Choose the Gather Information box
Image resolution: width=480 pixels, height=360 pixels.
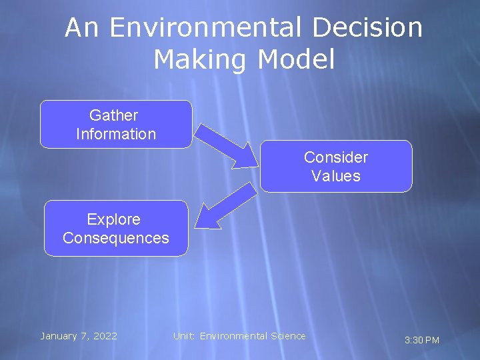tap(116, 124)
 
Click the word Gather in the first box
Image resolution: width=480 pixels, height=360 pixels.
tap(114, 115)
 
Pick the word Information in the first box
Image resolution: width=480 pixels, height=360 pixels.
tap(116, 134)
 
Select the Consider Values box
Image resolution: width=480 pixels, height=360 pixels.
tap(336, 166)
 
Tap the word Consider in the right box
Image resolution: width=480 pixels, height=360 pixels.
tap(336, 157)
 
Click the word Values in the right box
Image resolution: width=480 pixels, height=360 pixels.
tap(336, 176)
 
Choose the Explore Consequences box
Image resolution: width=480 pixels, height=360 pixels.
tap(116, 228)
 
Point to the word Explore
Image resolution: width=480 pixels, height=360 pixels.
tap(114, 219)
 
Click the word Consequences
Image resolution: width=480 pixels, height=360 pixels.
tap(116, 238)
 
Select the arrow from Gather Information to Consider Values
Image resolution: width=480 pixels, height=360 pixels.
tap(227, 143)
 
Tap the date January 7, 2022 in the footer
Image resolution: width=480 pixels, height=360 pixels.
tap(79, 336)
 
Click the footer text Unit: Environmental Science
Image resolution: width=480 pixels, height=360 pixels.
tap(239, 336)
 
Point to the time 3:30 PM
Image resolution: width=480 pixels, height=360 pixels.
tap(422, 341)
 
